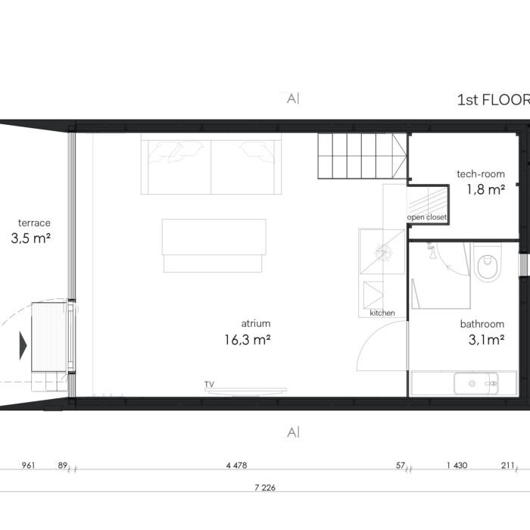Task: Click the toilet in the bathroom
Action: coord(487,263)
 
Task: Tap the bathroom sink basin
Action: coord(476,383)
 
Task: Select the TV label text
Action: coord(209,385)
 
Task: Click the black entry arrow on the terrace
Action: coord(23,345)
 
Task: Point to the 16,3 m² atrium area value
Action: coord(248,339)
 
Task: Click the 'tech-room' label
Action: coord(481,174)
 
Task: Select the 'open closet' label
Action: coord(426,217)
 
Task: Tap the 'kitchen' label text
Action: coord(382,313)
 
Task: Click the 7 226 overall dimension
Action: coord(265,488)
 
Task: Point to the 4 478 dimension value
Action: coord(236,466)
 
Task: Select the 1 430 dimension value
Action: coord(457,466)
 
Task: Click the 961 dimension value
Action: coord(28,466)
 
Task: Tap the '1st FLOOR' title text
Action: coord(494,100)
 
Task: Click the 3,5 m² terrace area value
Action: coord(31,238)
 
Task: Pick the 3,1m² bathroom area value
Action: coord(486,339)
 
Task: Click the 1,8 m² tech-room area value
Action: coord(486,189)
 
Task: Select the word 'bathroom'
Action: coord(482,324)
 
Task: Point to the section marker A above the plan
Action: coord(293,98)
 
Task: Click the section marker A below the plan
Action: coord(293,432)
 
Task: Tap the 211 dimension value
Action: coord(507,466)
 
